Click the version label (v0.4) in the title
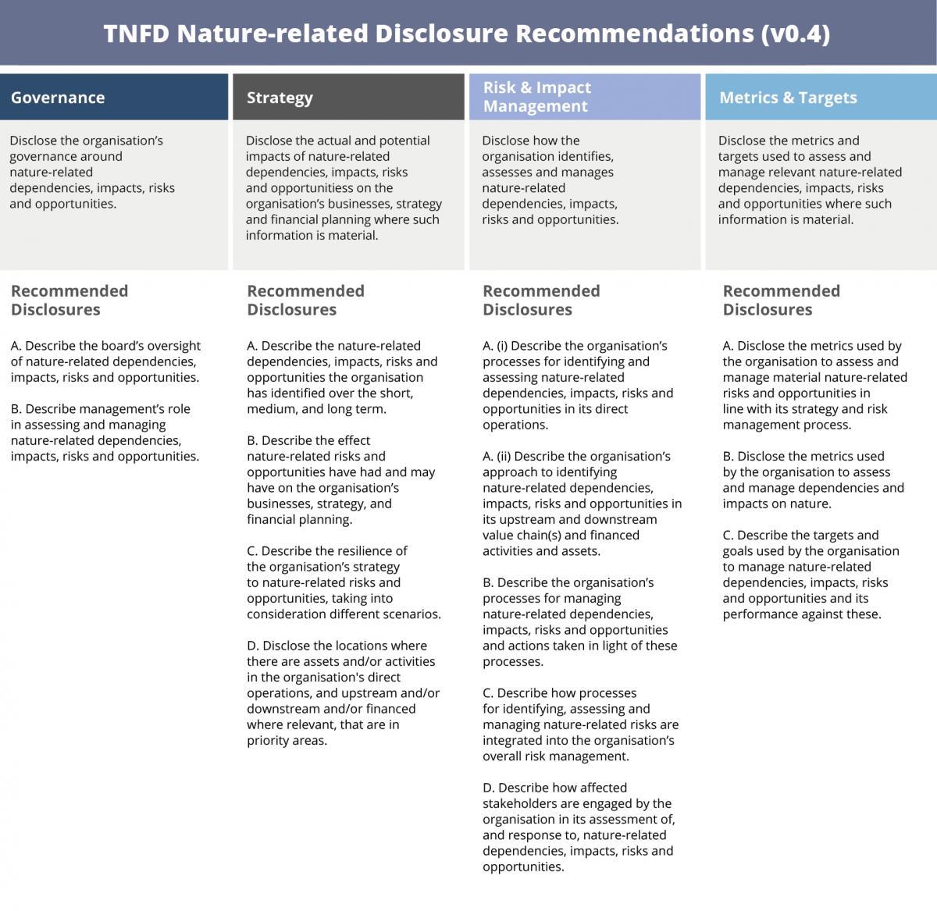tap(793, 34)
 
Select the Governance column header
tap(58, 98)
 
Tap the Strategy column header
tap(280, 98)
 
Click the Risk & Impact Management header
tap(537, 97)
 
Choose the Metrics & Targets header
tap(788, 98)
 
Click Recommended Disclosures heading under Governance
tap(69, 300)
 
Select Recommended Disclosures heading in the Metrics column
tap(781, 300)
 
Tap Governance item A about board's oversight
tap(105, 361)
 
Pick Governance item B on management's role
tap(105, 432)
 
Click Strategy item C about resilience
tap(344, 582)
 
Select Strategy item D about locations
tap(343, 692)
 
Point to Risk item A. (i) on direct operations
tap(577, 385)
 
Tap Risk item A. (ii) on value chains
tap(582, 504)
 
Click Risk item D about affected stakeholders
tap(579, 827)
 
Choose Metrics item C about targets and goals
tap(811, 575)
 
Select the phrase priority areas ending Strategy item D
tap(287, 741)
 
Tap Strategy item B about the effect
tap(340, 480)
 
